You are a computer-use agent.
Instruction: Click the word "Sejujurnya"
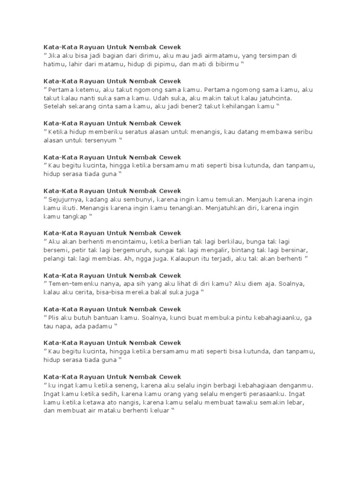coord(66,199)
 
